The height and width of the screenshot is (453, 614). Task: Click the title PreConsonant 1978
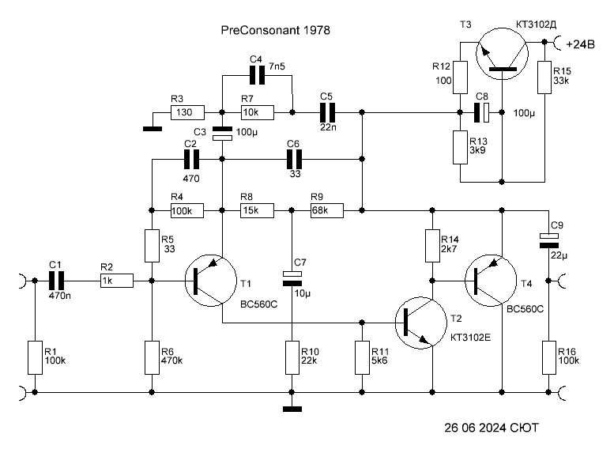pyautogui.click(x=275, y=30)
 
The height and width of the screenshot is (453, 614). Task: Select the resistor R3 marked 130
pyautogui.click(x=187, y=112)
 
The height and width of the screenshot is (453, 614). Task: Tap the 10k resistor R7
pyautogui.click(x=258, y=112)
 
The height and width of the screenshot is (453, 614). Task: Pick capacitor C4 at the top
pyautogui.click(x=258, y=75)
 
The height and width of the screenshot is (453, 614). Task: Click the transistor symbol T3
pyautogui.click(x=502, y=54)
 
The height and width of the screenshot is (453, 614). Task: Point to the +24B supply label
pyautogui.click(x=580, y=44)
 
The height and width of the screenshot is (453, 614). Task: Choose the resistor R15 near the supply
pyautogui.click(x=544, y=77)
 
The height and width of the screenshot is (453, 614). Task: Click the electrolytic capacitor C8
pyautogui.click(x=482, y=112)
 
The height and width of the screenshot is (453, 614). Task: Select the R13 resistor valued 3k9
pyautogui.click(x=460, y=147)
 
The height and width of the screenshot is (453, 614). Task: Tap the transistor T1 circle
pyautogui.click(x=211, y=281)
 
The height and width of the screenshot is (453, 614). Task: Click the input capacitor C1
pyautogui.click(x=56, y=281)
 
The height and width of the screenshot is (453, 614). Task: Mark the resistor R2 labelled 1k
pyautogui.click(x=117, y=281)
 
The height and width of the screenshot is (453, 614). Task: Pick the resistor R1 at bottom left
pyautogui.click(x=35, y=358)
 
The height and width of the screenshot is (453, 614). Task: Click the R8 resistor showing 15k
pyautogui.click(x=257, y=210)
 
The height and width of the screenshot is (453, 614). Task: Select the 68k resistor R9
pyautogui.click(x=327, y=210)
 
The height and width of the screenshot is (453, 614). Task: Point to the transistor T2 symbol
pyautogui.click(x=421, y=323)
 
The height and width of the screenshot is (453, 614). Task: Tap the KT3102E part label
pyautogui.click(x=470, y=338)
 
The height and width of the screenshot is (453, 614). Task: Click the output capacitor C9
pyautogui.click(x=549, y=240)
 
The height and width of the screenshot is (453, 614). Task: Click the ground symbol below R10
pyautogui.click(x=292, y=409)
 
